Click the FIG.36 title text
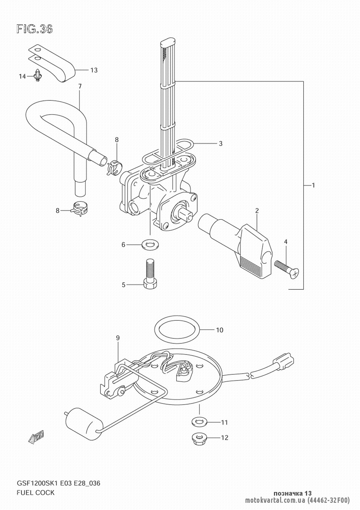point(35,30)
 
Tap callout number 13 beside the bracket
point(94,70)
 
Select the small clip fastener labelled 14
point(37,75)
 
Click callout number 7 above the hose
point(80,86)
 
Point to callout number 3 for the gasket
point(220,144)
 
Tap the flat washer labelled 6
point(150,245)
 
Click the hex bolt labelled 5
point(150,274)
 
